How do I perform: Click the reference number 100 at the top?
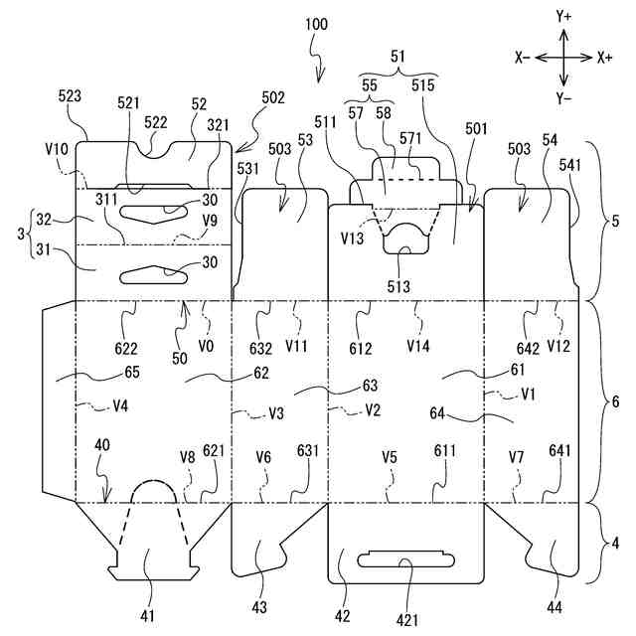coord(316,24)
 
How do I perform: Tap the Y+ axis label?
coord(563,17)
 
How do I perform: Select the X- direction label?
coord(523,58)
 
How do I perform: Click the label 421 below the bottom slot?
coord(406,620)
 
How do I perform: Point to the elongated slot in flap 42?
coord(405,559)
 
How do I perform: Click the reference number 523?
coord(70,96)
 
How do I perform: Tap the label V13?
coord(352,238)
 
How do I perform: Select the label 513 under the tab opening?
coord(398,287)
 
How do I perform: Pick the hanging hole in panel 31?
coord(153,274)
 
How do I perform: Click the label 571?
coord(410,139)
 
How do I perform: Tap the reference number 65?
coord(132,372)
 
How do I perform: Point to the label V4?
coord(120,406)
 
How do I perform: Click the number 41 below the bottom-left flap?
coord(147,616)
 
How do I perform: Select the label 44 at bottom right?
coord(555,607)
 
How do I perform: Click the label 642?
coord(528,349)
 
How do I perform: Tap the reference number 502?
coord(273,97)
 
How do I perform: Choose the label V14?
coord(417,347)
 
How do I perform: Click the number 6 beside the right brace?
coord(615,401)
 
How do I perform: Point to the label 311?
coord(106,199)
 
